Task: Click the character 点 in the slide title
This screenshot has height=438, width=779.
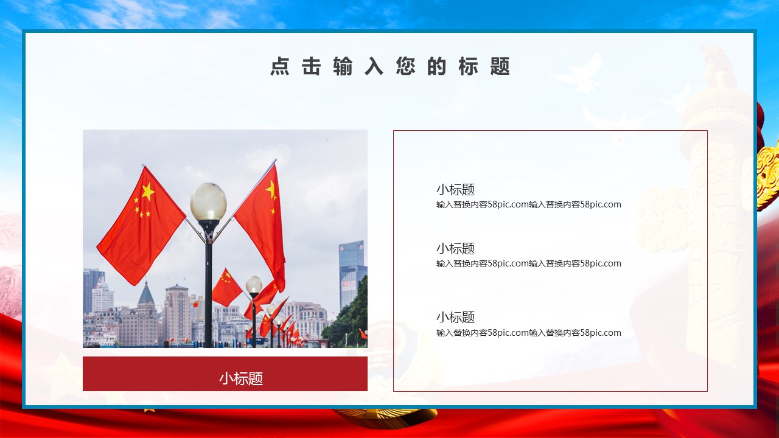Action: point(280,66)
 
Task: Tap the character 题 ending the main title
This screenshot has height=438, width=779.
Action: point(500,66)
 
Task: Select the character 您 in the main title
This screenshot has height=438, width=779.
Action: point(405,66)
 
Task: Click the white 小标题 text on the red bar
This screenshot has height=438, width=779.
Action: point(241,378)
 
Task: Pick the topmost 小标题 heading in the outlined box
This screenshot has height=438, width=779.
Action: point(456,189)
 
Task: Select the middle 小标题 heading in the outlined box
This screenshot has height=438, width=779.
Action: point(456,249)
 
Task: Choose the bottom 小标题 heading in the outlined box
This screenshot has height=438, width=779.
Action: point(456,317)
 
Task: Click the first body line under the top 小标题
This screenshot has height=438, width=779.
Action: point(529,204)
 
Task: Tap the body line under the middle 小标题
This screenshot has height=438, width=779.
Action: point(529,263)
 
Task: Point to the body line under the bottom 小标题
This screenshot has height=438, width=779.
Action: point(529,333)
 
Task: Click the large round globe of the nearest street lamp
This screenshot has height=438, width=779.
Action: point(208,202)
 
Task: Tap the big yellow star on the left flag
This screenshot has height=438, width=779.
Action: point(148,191)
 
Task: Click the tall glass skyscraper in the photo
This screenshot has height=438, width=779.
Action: point(352,273)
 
